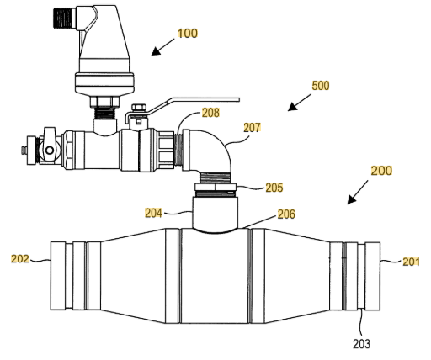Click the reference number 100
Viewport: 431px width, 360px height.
pos(188,34)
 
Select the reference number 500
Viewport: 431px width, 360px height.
pos(321,86)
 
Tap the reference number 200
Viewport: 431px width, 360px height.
pos(381,171)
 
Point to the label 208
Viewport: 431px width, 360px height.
pos(210,113)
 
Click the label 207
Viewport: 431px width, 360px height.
pos(252,128)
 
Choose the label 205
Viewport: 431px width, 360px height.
pos(274,188)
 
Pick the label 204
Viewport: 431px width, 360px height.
pos(154,213)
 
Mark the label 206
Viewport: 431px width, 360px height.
pos(286,214)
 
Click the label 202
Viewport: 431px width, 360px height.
pos(20,258)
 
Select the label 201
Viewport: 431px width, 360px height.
pos(411,262)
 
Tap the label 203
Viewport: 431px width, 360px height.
pos(362,344)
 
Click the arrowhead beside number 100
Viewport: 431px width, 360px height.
pos(156,51)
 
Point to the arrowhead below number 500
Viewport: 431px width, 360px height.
pos(292,107)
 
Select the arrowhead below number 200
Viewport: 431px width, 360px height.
pos(352,199)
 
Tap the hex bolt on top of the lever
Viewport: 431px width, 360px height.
pos(139,108)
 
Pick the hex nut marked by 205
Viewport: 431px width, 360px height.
pos(215,187)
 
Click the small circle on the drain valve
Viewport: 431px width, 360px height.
pos(50,151)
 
